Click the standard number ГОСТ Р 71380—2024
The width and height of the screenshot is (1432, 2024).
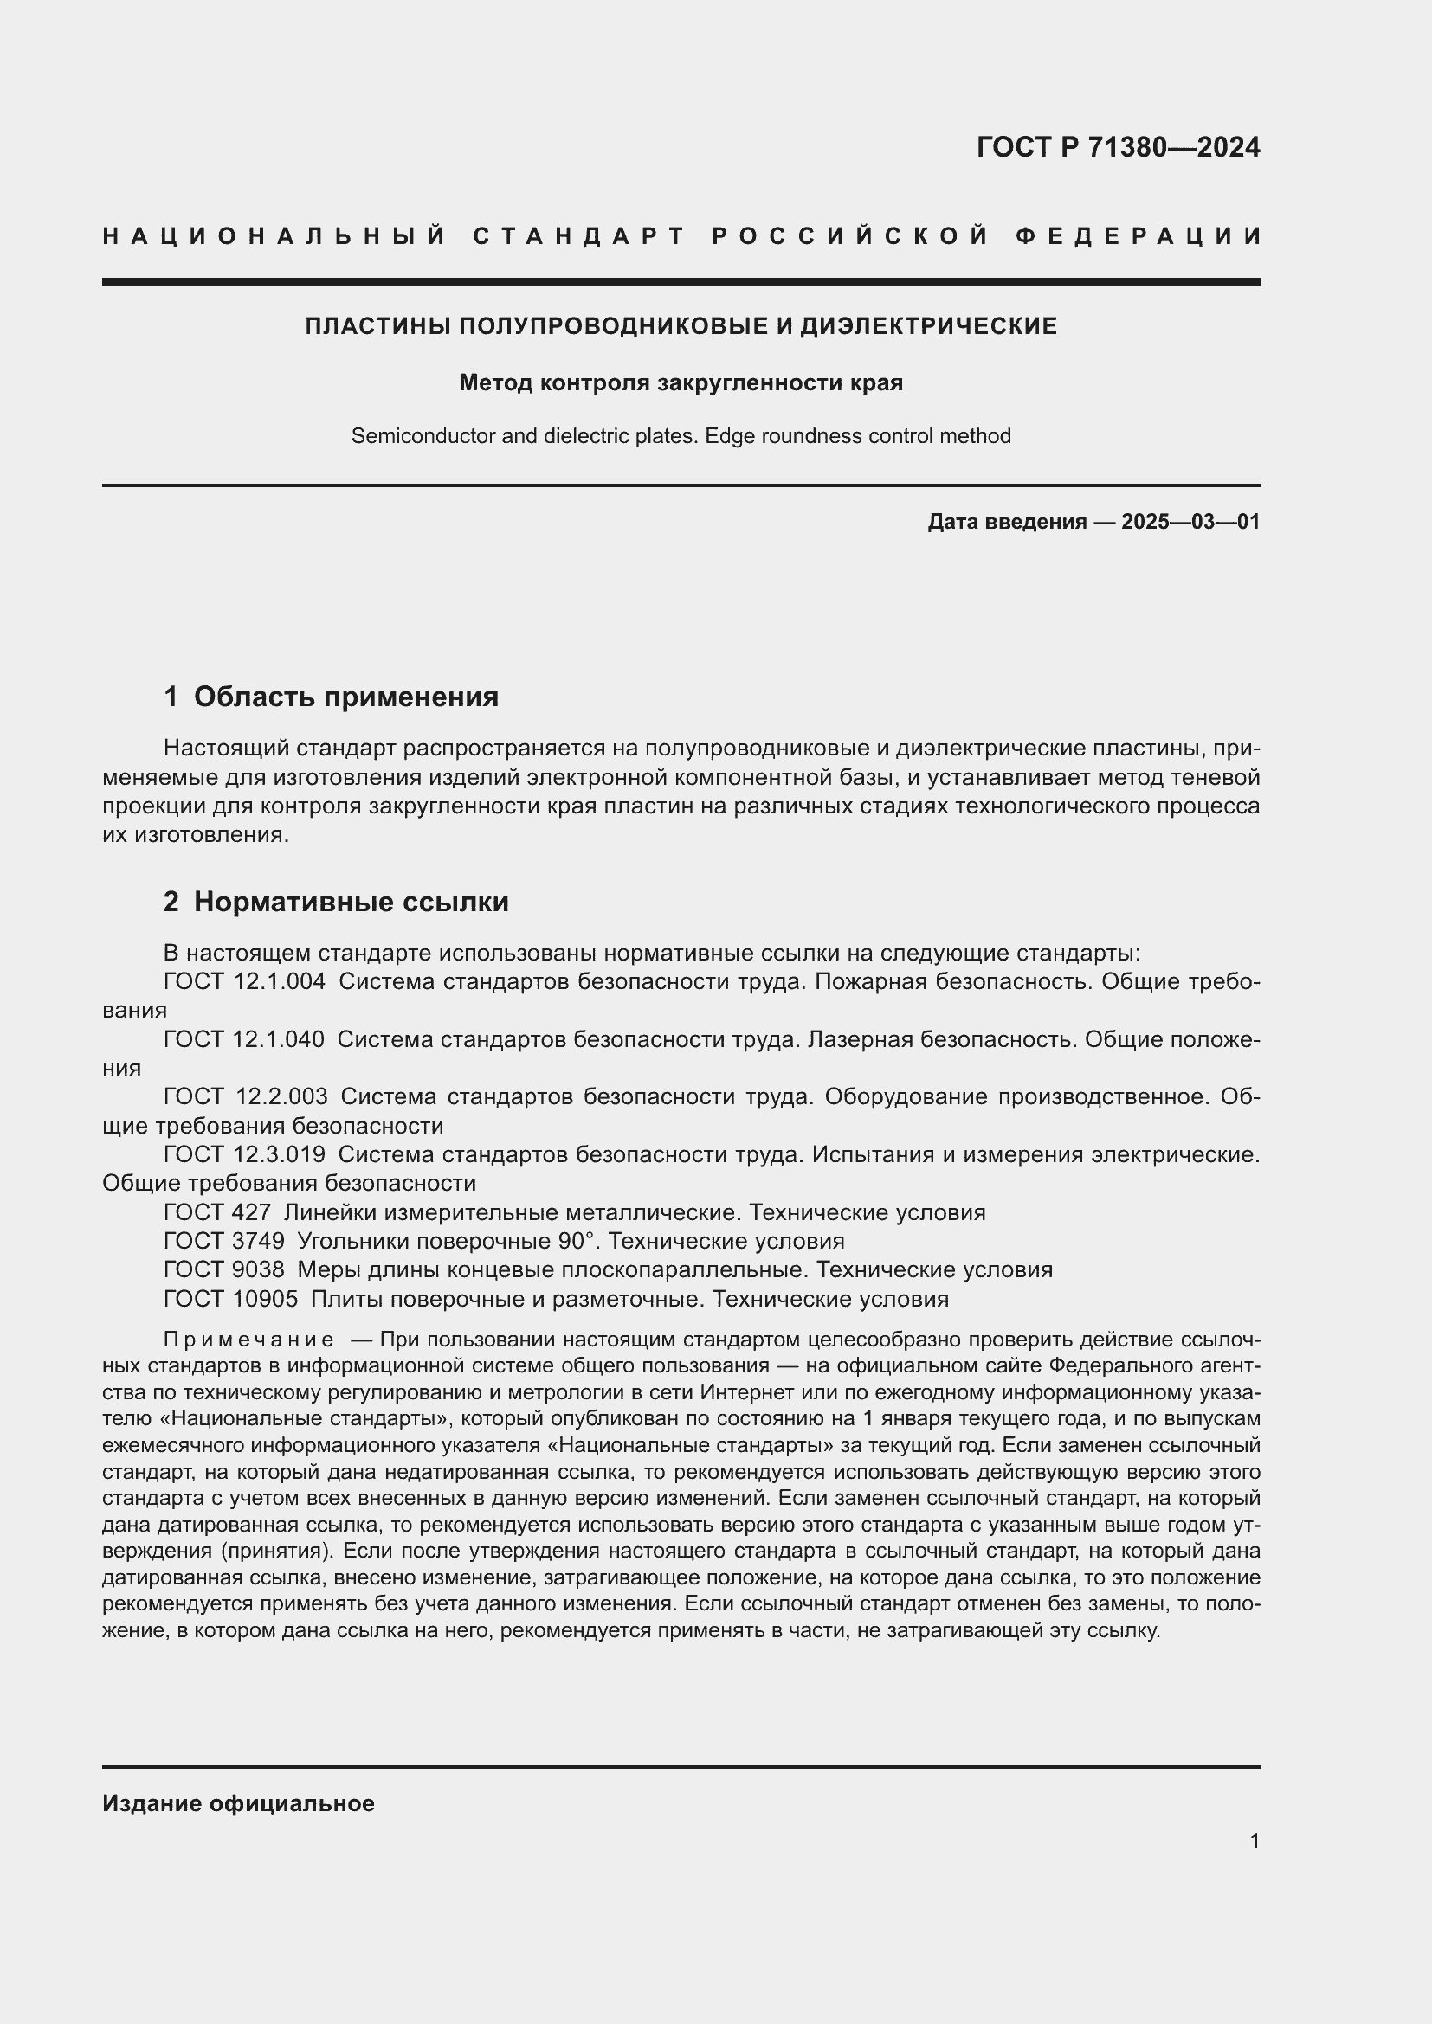1117,147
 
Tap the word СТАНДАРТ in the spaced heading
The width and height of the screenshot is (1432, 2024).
579,236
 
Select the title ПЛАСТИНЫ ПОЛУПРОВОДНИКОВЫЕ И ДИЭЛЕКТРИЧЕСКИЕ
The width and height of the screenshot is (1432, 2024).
681,326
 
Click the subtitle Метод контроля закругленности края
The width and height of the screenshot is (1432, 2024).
681,382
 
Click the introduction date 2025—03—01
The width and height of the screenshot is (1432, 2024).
1190,522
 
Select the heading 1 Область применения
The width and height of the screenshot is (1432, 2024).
331,697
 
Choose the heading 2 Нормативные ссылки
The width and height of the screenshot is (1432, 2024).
336,902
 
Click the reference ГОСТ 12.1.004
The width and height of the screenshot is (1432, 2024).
244,981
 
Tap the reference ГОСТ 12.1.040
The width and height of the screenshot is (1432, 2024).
244,1039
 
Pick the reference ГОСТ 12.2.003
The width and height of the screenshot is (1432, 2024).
245,1096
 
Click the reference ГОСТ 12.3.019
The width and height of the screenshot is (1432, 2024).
244,1154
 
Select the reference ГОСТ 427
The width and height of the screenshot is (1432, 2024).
217,1212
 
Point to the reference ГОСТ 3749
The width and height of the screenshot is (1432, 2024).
224,1241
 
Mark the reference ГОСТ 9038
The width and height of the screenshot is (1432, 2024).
224,1269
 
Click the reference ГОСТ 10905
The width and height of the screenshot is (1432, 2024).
231,1299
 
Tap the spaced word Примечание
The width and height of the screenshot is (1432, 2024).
248,1340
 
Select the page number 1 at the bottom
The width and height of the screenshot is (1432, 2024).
1254,1841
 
